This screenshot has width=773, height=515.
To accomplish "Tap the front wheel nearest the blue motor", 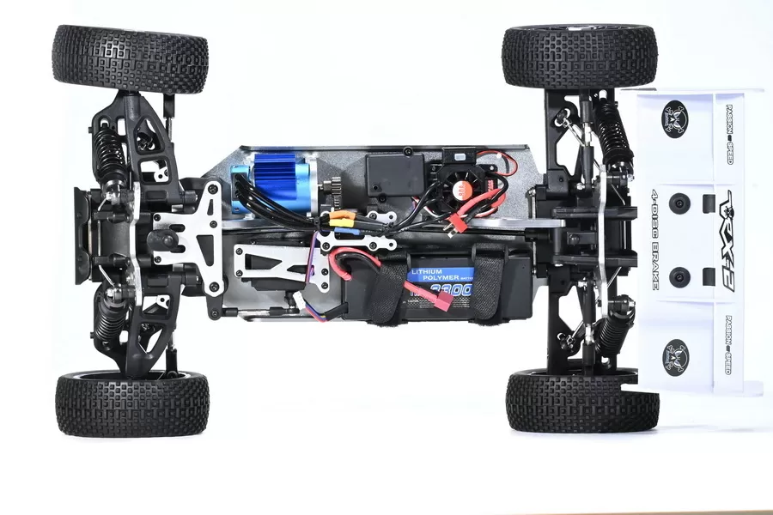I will click(x=130, y=58).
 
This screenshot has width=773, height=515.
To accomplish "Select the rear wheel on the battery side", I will click(x=581, y=401).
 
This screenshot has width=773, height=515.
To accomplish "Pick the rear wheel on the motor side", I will click(x=580, y=56).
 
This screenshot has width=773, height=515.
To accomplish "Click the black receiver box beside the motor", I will click(x=394, y=176).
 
